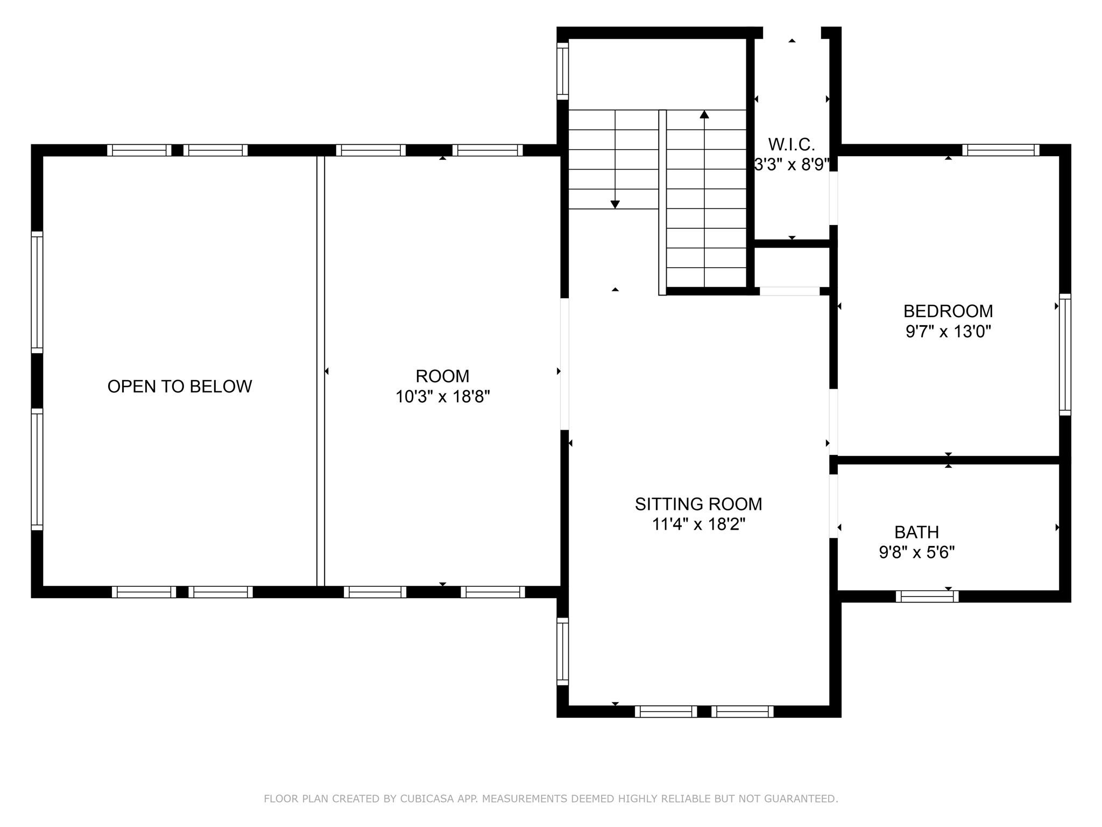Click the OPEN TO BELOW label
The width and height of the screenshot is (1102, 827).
point(180,387)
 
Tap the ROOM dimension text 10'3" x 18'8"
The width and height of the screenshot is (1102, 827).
point(442,397)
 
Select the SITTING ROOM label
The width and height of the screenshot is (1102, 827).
point(698,504)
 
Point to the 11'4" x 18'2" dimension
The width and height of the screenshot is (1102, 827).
point(698,524)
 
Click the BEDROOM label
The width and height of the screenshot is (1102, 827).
point(948,311)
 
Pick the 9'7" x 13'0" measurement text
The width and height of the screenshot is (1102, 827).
point(948,331)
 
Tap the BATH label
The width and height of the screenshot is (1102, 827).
point(916,532)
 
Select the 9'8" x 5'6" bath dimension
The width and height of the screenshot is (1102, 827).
point(916,552)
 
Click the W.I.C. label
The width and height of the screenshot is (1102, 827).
point(791,144)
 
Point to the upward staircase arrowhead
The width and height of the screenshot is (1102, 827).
point(704,114)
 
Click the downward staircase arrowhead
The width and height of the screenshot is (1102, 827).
point(615,205)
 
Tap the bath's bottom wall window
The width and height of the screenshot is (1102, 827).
point(927,596)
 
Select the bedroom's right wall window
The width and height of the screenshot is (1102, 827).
point(1065,354)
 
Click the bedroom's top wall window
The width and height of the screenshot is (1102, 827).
point(1000,150)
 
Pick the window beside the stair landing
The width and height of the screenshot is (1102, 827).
point(562,71)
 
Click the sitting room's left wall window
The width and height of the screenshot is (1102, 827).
point(562,651)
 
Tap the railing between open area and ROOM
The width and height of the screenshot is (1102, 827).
point(321,370)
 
